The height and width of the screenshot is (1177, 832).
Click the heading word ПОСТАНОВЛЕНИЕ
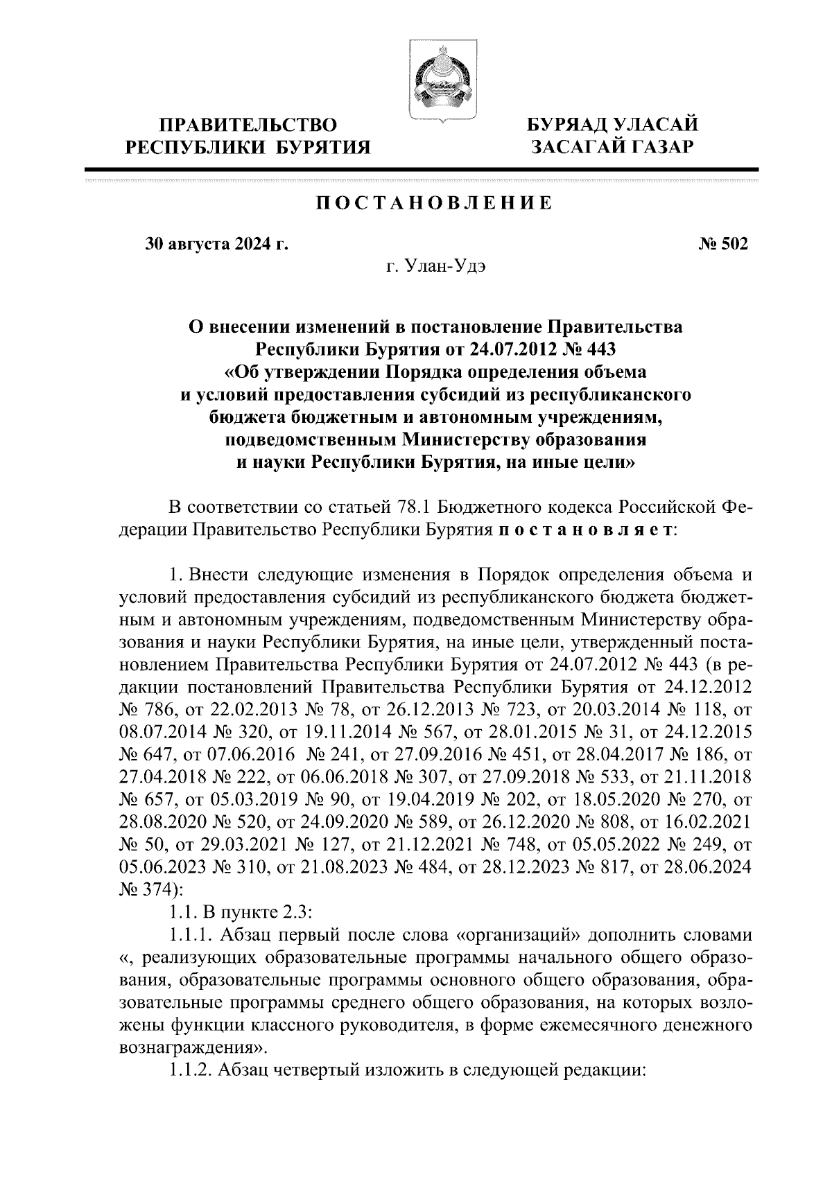435,203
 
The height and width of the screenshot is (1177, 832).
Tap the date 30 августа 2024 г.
216,244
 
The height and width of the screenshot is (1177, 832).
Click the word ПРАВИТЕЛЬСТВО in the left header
248,125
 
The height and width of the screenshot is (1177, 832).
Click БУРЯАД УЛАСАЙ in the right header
612,125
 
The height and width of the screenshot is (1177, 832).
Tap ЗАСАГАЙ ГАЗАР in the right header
612,146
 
